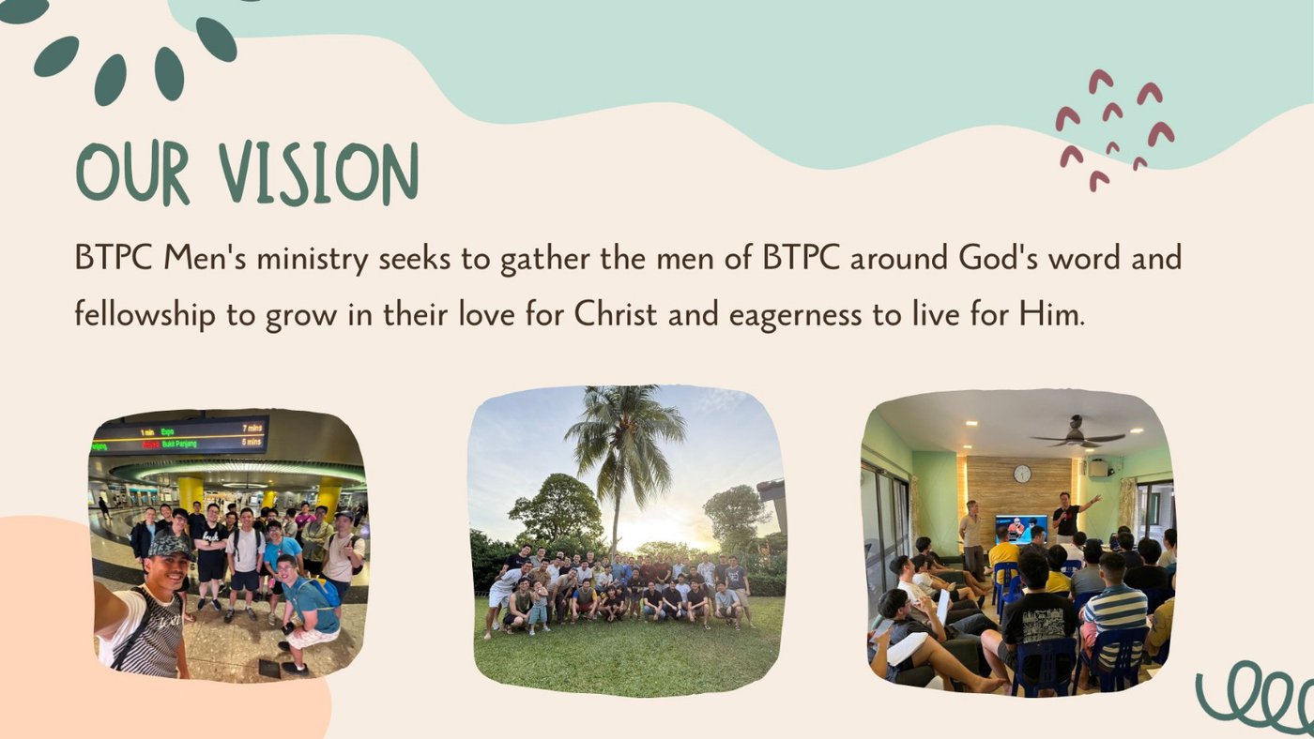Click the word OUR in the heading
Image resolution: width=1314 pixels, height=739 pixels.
coord(132,173)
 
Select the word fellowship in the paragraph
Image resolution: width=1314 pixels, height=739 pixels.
coord(145,315)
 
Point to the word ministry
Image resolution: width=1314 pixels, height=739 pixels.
coord(312,259)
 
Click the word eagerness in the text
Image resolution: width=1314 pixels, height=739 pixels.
coord(795,316)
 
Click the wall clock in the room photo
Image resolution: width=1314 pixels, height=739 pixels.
coord(1022,474)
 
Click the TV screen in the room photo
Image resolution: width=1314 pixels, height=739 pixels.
coord(1021,529)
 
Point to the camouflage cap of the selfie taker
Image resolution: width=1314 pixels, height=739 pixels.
coord(169,547)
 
